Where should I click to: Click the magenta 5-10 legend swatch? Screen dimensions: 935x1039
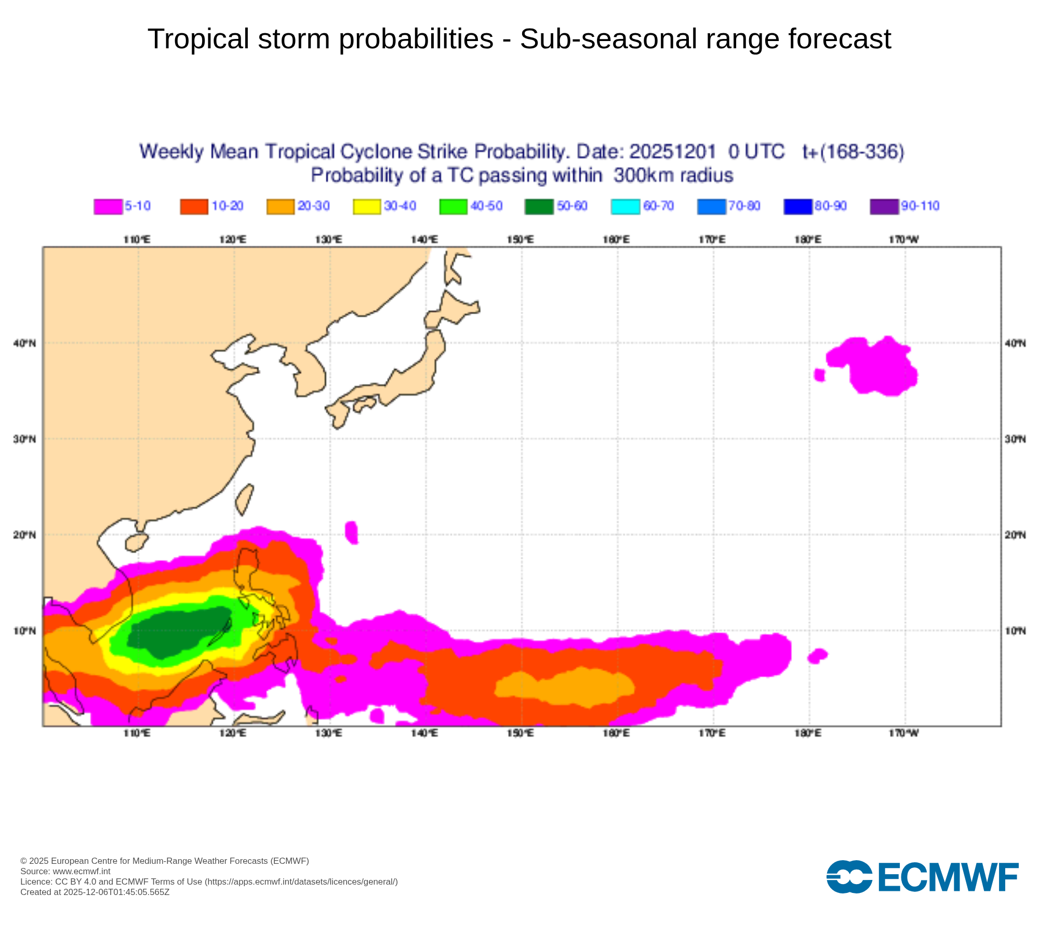(x=108, y=206)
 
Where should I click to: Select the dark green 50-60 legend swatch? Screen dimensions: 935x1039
(x=539, y=206)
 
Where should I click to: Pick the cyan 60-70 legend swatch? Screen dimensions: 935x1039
(x=625, y=206)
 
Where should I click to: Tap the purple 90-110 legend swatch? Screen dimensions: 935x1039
(x=884, y=206)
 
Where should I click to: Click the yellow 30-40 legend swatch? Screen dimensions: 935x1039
(x=367, y=206)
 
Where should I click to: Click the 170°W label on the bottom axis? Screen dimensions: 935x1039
(x=904, y=733)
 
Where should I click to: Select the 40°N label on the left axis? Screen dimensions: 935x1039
(x=24, y=343)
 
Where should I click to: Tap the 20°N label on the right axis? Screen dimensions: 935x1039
(x=1015, y=535)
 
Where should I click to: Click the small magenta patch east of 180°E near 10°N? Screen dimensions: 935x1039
(x=817, y=656)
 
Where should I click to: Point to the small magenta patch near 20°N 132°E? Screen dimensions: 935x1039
(x=352, y=532)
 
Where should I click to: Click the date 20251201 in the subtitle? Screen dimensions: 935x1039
(x=672, y=152)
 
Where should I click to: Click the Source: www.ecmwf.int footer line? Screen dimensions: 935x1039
(x=65, y=871)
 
